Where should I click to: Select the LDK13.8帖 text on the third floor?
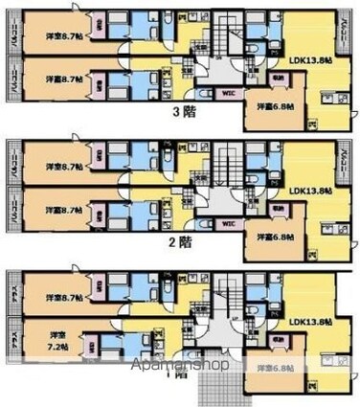pyautogui.click(x=310, y=61)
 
